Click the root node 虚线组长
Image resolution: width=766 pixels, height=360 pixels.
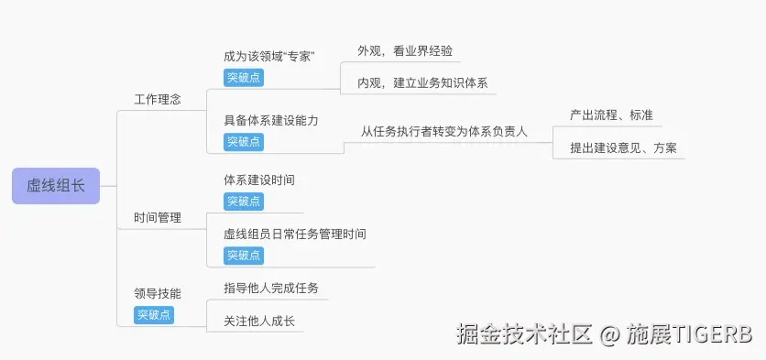pyautogui.click(x=56, y=185)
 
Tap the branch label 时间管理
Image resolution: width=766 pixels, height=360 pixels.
pyautogui.click(x=158, y=218)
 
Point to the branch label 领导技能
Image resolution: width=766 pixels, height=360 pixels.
pyautogui.click(x=158, y=294)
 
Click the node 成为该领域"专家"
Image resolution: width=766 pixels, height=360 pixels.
pyautogui.click(x=269, y=57)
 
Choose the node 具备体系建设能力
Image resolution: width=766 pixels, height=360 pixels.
pyautogui.click(x=271, y=121)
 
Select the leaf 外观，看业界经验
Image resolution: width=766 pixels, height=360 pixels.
pyautogui.click(x=405, y=51)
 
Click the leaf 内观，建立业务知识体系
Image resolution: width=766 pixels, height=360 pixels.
pyautogui.click(x=422, y=83)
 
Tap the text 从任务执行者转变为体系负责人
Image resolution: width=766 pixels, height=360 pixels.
pyautogui.click(x=444, y=131)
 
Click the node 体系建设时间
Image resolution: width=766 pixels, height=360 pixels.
pyautogui.click(x=259, y=180)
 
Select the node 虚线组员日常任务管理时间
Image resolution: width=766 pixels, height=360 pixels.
pyautogui.click(x=295, y=235)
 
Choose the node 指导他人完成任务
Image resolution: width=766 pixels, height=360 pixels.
pyautogui.click(x=271, y=289)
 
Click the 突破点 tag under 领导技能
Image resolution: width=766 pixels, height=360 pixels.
pyautogui.click(x=154, y=315)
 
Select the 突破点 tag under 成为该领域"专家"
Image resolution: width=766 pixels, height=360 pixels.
pyautogui.click(x=244, y=78)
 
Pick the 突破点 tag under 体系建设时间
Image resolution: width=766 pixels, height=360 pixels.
pyautogui.click(x=244, y=202)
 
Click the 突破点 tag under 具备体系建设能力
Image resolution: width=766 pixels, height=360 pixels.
pyautogui.click(x=244, y=142)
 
